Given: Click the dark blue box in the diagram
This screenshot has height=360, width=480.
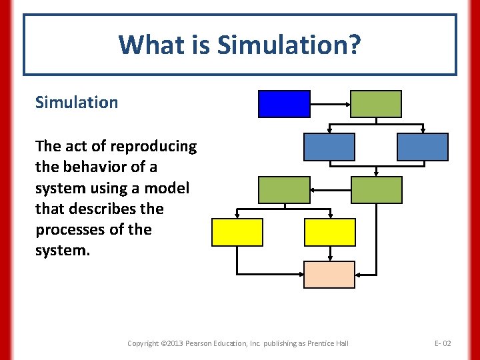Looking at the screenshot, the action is coord(284,104).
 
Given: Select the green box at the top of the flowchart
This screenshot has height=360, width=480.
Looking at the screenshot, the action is coord(376,104).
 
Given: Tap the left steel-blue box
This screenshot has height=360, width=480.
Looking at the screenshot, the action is coord(329,147).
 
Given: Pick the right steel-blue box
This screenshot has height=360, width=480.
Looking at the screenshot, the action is coord(422,147).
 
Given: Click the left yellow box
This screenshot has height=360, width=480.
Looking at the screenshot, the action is coord(237,232).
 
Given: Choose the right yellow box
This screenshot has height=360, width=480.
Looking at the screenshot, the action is coord(329,232).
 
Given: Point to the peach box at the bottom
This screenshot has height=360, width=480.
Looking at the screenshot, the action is coord(329,275).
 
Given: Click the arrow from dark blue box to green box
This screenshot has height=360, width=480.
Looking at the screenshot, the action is coord(331,104).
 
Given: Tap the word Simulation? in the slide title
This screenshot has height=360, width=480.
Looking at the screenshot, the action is coord(289,45).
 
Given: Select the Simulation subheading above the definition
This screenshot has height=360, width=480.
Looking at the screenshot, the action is coord(77,103).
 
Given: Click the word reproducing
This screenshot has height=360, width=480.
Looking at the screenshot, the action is coord(153,146).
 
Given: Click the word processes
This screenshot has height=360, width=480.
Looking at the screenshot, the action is coord(69,230).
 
